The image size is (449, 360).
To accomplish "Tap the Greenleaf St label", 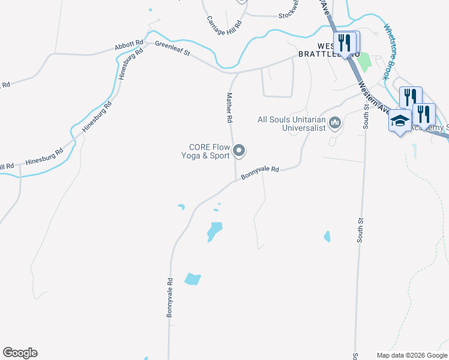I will [172, 49].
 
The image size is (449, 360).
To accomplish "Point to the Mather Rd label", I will [229, 108].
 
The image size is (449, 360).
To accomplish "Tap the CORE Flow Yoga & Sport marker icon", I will [240, 151].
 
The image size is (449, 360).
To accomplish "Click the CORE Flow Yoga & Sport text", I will [209, 151].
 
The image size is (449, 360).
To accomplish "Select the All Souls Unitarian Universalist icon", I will [335, 123].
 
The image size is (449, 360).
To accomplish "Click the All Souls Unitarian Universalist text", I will [291, 123].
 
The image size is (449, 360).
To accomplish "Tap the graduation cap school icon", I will [400, 121].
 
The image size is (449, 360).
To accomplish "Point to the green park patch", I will [364, 61].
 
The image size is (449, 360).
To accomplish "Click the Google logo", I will [20, 353].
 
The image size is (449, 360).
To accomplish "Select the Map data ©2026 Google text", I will [412, 355].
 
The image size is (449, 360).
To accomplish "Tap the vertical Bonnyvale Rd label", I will [170, 297].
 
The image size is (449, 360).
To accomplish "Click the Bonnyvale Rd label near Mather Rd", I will [261, 173].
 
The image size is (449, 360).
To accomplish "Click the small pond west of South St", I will [327, 236].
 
